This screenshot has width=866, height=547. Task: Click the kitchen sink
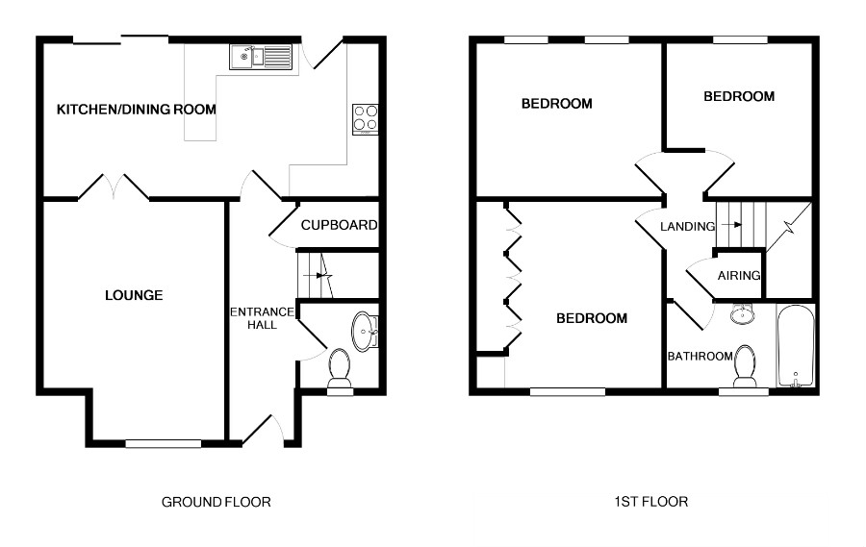[x=261, y=57]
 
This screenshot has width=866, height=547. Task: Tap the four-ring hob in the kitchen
[x=366, y=119]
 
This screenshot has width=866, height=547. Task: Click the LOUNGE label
[x=134, y=295]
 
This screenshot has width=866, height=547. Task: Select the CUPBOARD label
[x=339, y=225]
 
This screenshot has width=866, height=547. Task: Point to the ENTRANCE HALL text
[x=262, y=318]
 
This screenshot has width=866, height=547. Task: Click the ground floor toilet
[x=340, y=368]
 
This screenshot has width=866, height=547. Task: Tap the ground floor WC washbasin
[x=365, y=332]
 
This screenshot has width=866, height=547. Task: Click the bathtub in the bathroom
[x=796, y=346]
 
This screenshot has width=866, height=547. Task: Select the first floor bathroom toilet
[x=745, y=366]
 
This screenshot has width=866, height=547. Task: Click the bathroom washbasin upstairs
[x=743, y=313]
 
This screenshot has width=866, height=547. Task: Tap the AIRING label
[x=739, y=275]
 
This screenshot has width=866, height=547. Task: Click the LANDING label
[x=688, y=226]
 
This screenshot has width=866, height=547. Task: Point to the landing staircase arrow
[x=731, y=225]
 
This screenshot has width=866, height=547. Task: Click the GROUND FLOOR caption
[x=216, y=502]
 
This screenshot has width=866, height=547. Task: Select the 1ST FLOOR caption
[x=651, y=501]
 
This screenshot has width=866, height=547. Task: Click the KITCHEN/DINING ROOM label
[x=137, y=110]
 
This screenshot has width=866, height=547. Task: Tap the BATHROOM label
[x=700, y=356]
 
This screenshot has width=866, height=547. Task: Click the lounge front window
[x=163, y=443]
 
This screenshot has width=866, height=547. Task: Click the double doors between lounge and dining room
[x=114, y=187]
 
